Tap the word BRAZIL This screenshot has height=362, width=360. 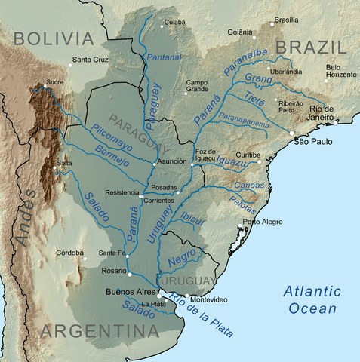pos(309,48)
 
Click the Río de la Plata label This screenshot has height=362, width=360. pos(202,314)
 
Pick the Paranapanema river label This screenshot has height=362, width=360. pos(245,117)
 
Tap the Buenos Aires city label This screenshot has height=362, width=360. pos(130,290)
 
